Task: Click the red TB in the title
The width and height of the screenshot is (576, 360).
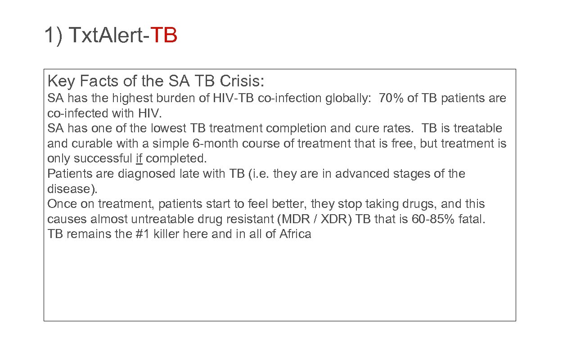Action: (x=164, y=35)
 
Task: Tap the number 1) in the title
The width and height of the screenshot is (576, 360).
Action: (x=54, y=35)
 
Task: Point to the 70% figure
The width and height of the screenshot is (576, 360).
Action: (x=391, y=98)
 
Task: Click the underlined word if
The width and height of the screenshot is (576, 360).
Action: (x=139, y=158)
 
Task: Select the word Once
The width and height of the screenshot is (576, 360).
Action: (x=62, y=204)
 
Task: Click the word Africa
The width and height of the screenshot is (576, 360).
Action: (x=295, y=234)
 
